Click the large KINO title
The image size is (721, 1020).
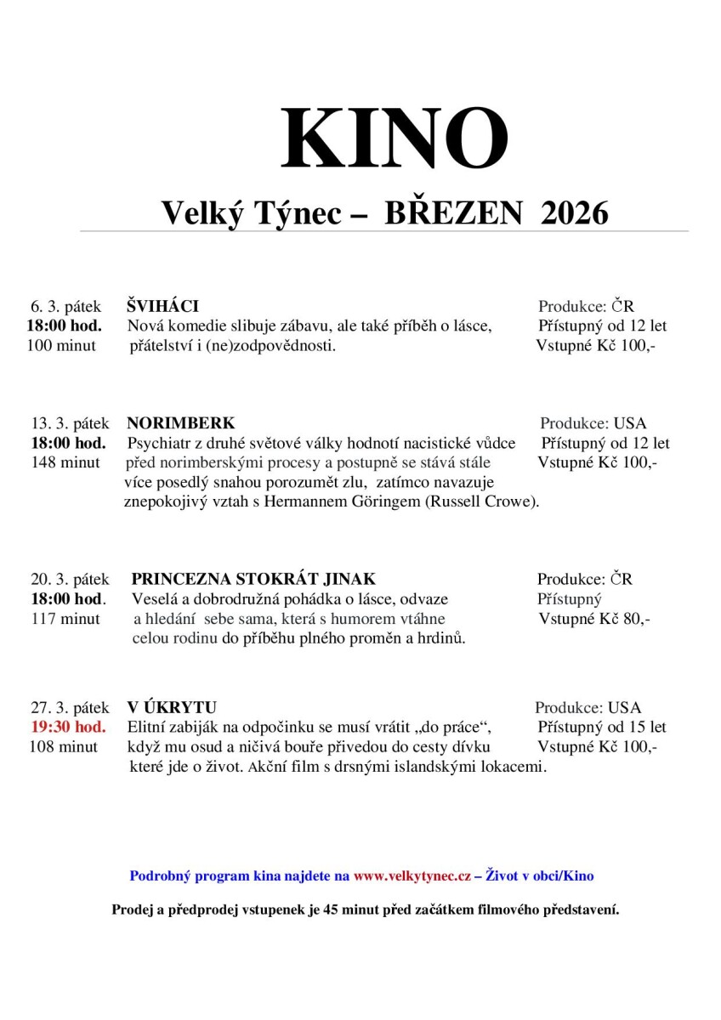tap(394, 139)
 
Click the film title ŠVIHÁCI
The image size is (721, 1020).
tap(162, 306)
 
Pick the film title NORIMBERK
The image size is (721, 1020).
tap(180, 423)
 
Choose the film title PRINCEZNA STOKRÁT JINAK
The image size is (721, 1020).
tap(253, 580)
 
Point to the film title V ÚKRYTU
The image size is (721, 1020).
tap(172, 707)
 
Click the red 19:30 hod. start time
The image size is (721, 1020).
tap(69, 727)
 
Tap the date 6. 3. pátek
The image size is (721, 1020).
tap(65, 306)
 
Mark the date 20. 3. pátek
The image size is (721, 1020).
tap(71, 580)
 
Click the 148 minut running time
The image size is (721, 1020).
tap(65, 462)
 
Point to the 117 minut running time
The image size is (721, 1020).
tap(65, 619)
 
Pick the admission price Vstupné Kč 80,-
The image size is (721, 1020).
tap(594, 619)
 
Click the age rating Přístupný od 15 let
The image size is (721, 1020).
tap(602, 727)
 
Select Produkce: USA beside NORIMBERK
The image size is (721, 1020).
tap(593, 423)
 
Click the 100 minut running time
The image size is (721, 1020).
tap(61, 345)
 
